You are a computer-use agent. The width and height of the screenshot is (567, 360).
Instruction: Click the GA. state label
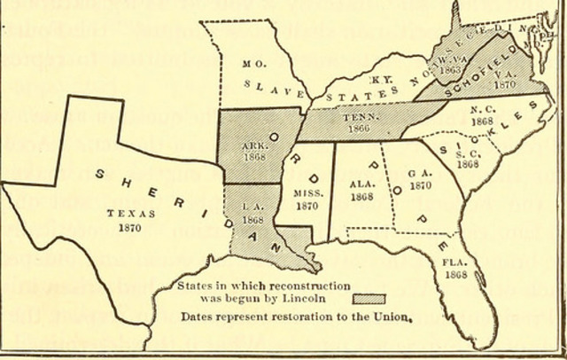click(419, 175)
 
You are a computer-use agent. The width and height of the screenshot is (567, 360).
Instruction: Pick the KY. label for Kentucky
click(382, 79)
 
